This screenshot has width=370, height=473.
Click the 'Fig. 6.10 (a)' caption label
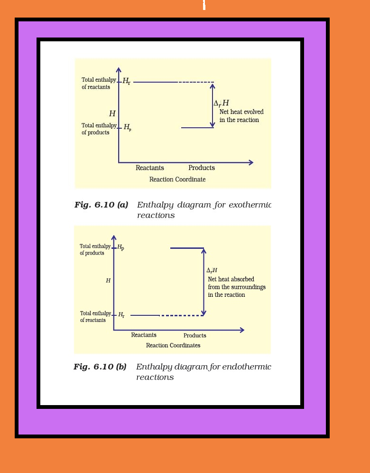101,205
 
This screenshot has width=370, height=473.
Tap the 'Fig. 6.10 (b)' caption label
100,367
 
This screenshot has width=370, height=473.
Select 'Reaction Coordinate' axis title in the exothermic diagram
177,180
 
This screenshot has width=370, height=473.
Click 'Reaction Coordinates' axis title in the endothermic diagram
173,346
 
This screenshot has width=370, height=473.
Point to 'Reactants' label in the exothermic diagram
150,168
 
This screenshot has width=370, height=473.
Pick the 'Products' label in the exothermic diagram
202,168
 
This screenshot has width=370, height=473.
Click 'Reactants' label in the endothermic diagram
144,335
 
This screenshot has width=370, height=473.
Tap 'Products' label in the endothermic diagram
195,336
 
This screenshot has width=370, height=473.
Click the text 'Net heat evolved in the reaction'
241,116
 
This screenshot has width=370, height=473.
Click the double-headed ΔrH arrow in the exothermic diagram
213,105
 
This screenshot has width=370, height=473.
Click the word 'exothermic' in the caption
250,205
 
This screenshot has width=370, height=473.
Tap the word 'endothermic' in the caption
247,367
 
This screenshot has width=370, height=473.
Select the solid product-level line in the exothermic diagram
197,128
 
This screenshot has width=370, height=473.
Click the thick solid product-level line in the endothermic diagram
187,248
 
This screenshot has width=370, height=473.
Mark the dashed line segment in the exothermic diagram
195,82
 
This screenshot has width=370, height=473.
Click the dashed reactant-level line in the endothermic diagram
181,315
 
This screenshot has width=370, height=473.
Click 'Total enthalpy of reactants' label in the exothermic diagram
99,84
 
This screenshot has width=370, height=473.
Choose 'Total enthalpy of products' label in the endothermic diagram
95,250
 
